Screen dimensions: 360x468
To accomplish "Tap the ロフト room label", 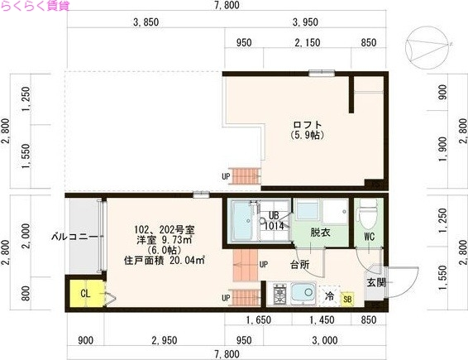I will [x=306, y=125].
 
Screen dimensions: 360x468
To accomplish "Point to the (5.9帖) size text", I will [x=306, y=135].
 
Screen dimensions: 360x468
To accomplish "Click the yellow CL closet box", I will [x=84, y=292].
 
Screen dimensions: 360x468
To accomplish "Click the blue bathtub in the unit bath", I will [x=244, y=220].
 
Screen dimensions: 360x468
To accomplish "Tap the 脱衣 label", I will [x=321, y=233].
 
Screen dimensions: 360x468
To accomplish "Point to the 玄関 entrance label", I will [x=376, y=282].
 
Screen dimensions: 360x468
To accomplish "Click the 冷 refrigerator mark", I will [x=329, y=295].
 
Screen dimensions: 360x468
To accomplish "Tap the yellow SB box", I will [x=347, y=297].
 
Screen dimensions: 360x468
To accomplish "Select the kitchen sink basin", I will [x=301, y=293].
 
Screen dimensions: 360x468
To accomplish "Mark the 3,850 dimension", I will [x=145, y=22].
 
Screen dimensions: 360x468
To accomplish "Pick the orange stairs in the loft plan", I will [x=246, y=175].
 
